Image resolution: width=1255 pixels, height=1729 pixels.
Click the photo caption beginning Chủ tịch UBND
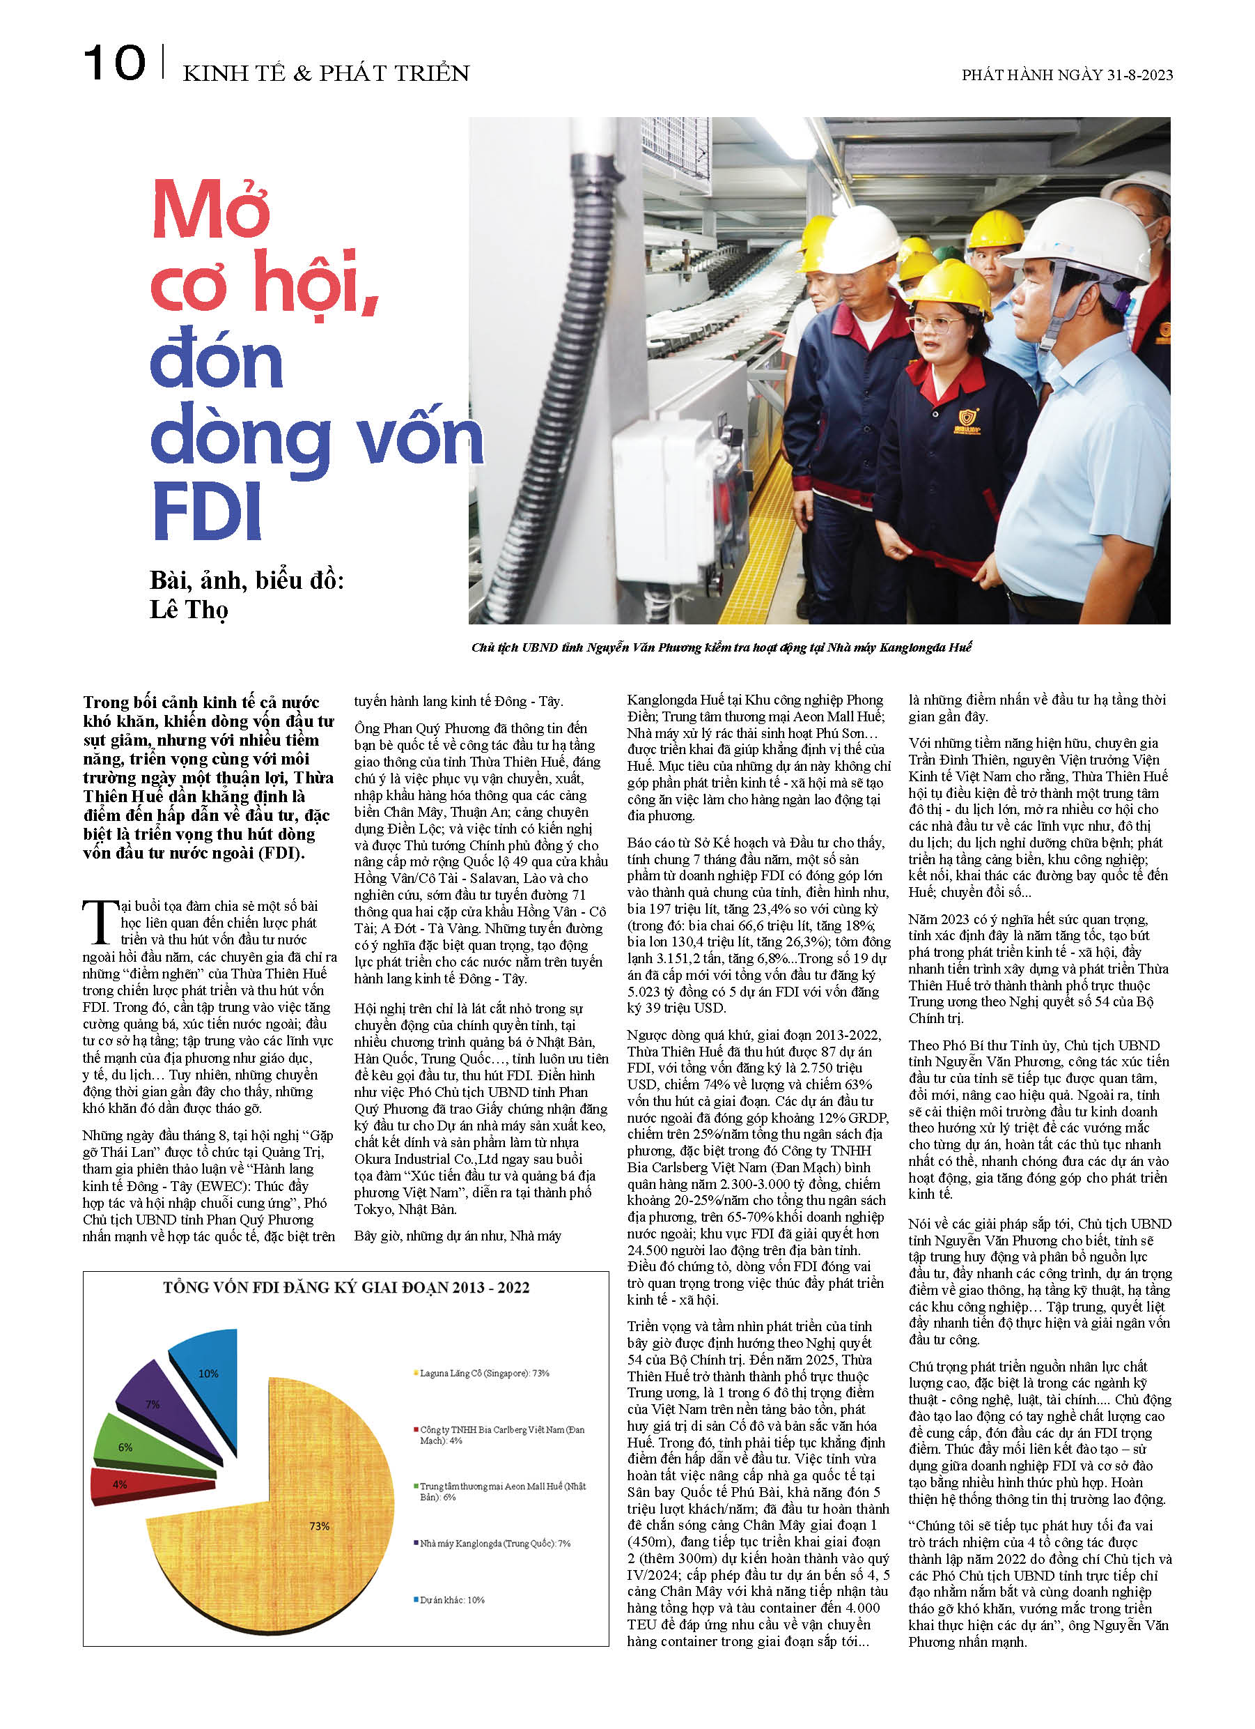[x=721, y=647]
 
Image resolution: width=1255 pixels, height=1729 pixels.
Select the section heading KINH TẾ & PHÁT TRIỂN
[x=326, y=73]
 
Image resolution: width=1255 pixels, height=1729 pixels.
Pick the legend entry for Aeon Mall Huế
[x=503, y=1491]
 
